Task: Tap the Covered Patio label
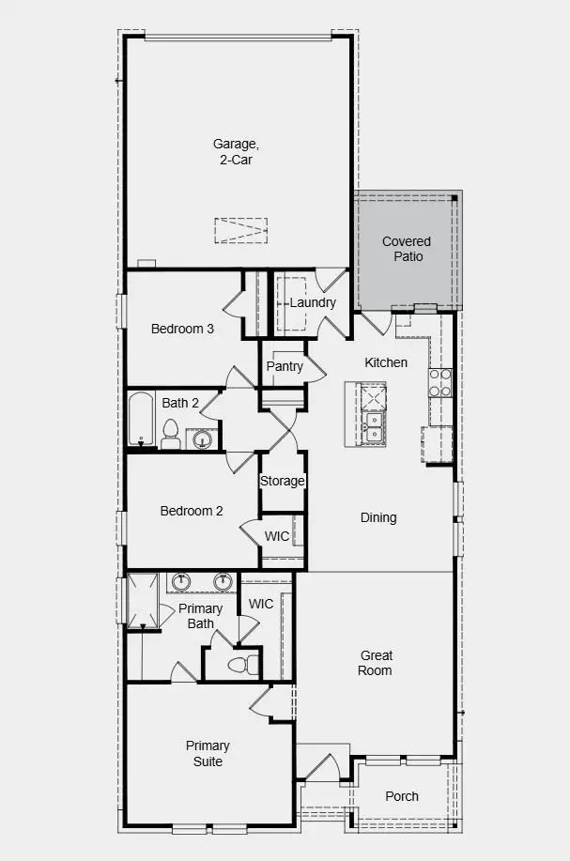[407, 249]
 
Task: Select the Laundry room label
[313, 302]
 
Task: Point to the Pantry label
[285, 366]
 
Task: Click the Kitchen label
[386, 362]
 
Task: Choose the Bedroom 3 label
[183, 329]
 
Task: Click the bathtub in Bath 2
[141, 420]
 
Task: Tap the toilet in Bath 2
[171, 435]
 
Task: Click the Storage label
[283, 481]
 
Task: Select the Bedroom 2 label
[192, 511]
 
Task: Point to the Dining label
[378, 517]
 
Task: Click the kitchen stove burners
[440, 382]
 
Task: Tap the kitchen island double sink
[374, 426]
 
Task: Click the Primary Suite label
[208, 753]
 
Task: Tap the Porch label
[402, 796]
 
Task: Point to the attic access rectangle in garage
[241, 230]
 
